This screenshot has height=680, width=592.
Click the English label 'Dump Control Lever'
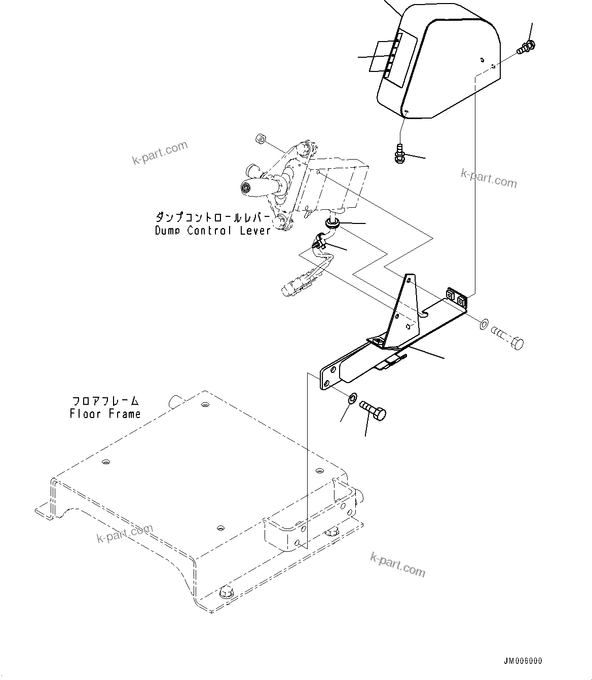[x=212, y=231]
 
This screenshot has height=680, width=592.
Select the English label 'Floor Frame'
[x=105, y=414]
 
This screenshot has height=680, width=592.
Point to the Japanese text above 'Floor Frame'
[x=105, y=401]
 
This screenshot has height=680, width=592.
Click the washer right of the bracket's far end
[x=484, y=323]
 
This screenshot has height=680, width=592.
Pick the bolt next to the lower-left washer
[x=373, y=410]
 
